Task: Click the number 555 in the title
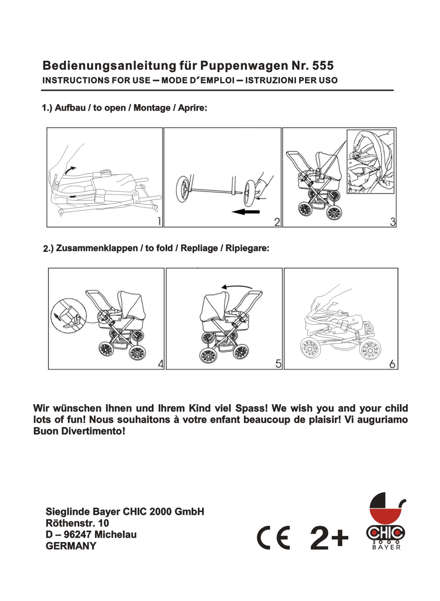(x=323, y=66)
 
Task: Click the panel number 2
(x=277, y=222)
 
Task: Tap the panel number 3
(x=393, y=222)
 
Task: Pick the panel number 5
(x=278, y=364)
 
